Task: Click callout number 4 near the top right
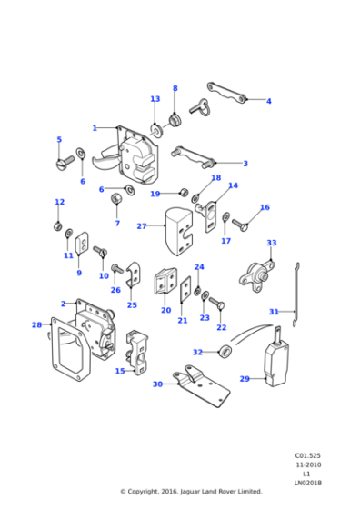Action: (268, 101)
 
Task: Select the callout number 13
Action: (155, 98)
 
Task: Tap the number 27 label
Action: (141, 225)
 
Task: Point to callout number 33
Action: (271, 243)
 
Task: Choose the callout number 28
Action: (36, 324)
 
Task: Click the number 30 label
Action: (158, 384)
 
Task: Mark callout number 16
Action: (265, 207)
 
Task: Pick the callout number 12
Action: (59, 202)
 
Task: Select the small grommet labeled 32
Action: (224, 352)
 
